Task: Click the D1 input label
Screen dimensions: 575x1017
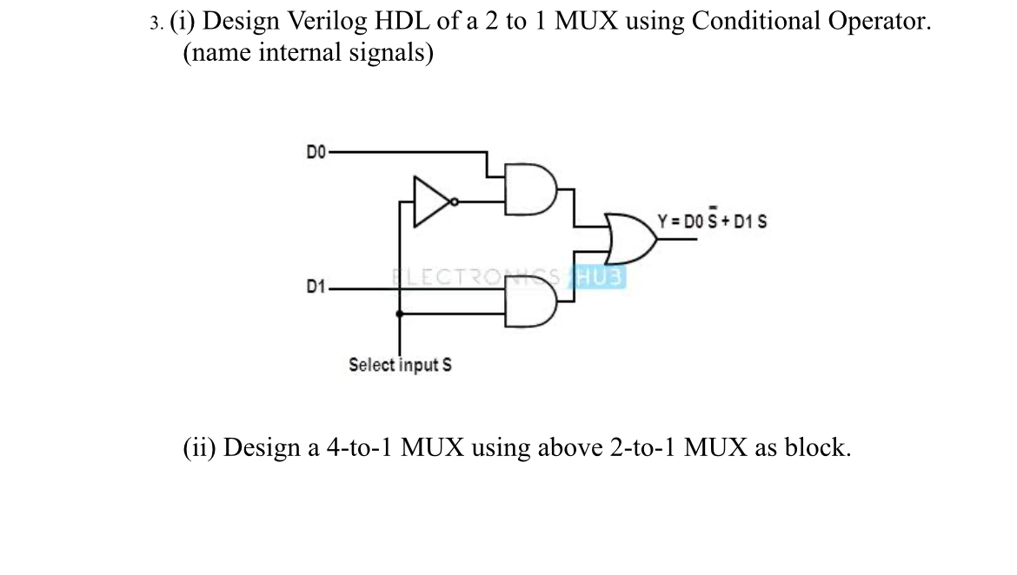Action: coord(315,286)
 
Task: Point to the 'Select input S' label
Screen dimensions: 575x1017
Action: coord(400,365)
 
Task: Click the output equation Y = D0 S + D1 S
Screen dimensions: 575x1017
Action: coord(712,221)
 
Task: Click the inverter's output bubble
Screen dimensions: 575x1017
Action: coord(454,202)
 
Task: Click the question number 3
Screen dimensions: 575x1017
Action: coord(155,23)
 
